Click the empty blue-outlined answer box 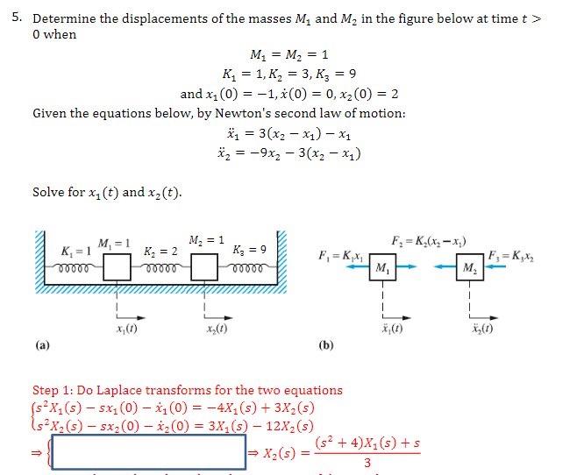[x=153, y=451]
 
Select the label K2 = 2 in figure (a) [x=161, y=252]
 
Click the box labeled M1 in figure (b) [x=383, y=266]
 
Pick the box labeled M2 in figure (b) [x=472, y=266]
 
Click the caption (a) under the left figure [x=41, y=345]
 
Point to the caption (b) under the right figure [x=326, y=345]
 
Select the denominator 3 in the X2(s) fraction [x=367, y=463]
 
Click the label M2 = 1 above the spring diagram [x=208, y=239]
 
